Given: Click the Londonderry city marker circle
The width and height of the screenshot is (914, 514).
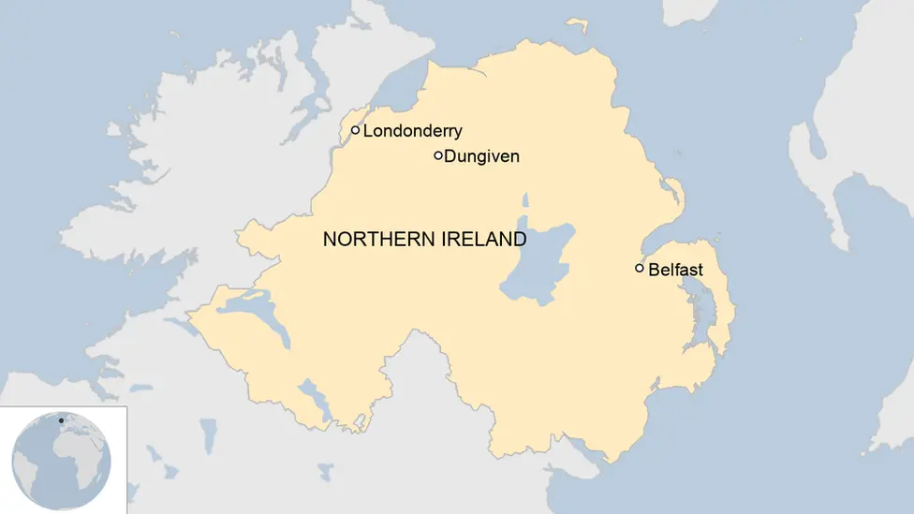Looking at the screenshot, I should point(356,131).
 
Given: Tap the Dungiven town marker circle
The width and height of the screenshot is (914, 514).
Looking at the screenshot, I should point(438,155).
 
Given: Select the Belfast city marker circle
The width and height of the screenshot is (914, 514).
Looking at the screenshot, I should point(640,269).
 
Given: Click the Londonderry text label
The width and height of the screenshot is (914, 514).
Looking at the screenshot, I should point(412,131).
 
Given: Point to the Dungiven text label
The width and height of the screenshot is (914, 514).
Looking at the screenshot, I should point(481,156).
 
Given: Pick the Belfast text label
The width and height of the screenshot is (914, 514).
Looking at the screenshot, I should point(675,270).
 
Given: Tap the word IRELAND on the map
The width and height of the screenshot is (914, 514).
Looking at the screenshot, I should point(481,240).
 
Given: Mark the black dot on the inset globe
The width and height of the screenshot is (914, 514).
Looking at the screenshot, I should point(62,420).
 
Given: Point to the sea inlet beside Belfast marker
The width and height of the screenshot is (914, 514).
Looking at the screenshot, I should point(656,244).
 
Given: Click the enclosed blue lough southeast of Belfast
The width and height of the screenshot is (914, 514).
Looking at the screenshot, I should point(701,315).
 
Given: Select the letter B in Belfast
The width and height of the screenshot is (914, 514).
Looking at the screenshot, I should point(654,270).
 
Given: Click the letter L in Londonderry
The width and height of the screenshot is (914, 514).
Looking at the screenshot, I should point(368,131).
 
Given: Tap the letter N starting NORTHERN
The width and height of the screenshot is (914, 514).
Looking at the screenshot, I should point(329,240).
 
